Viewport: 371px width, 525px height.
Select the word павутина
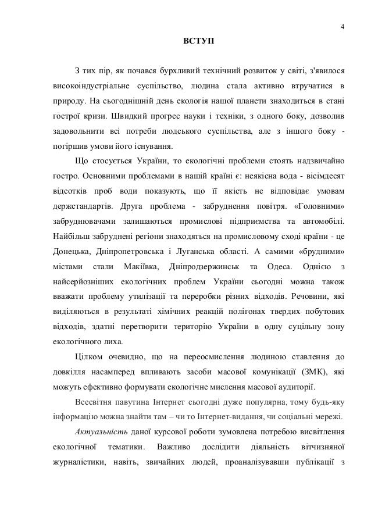click(x=131, y=402)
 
